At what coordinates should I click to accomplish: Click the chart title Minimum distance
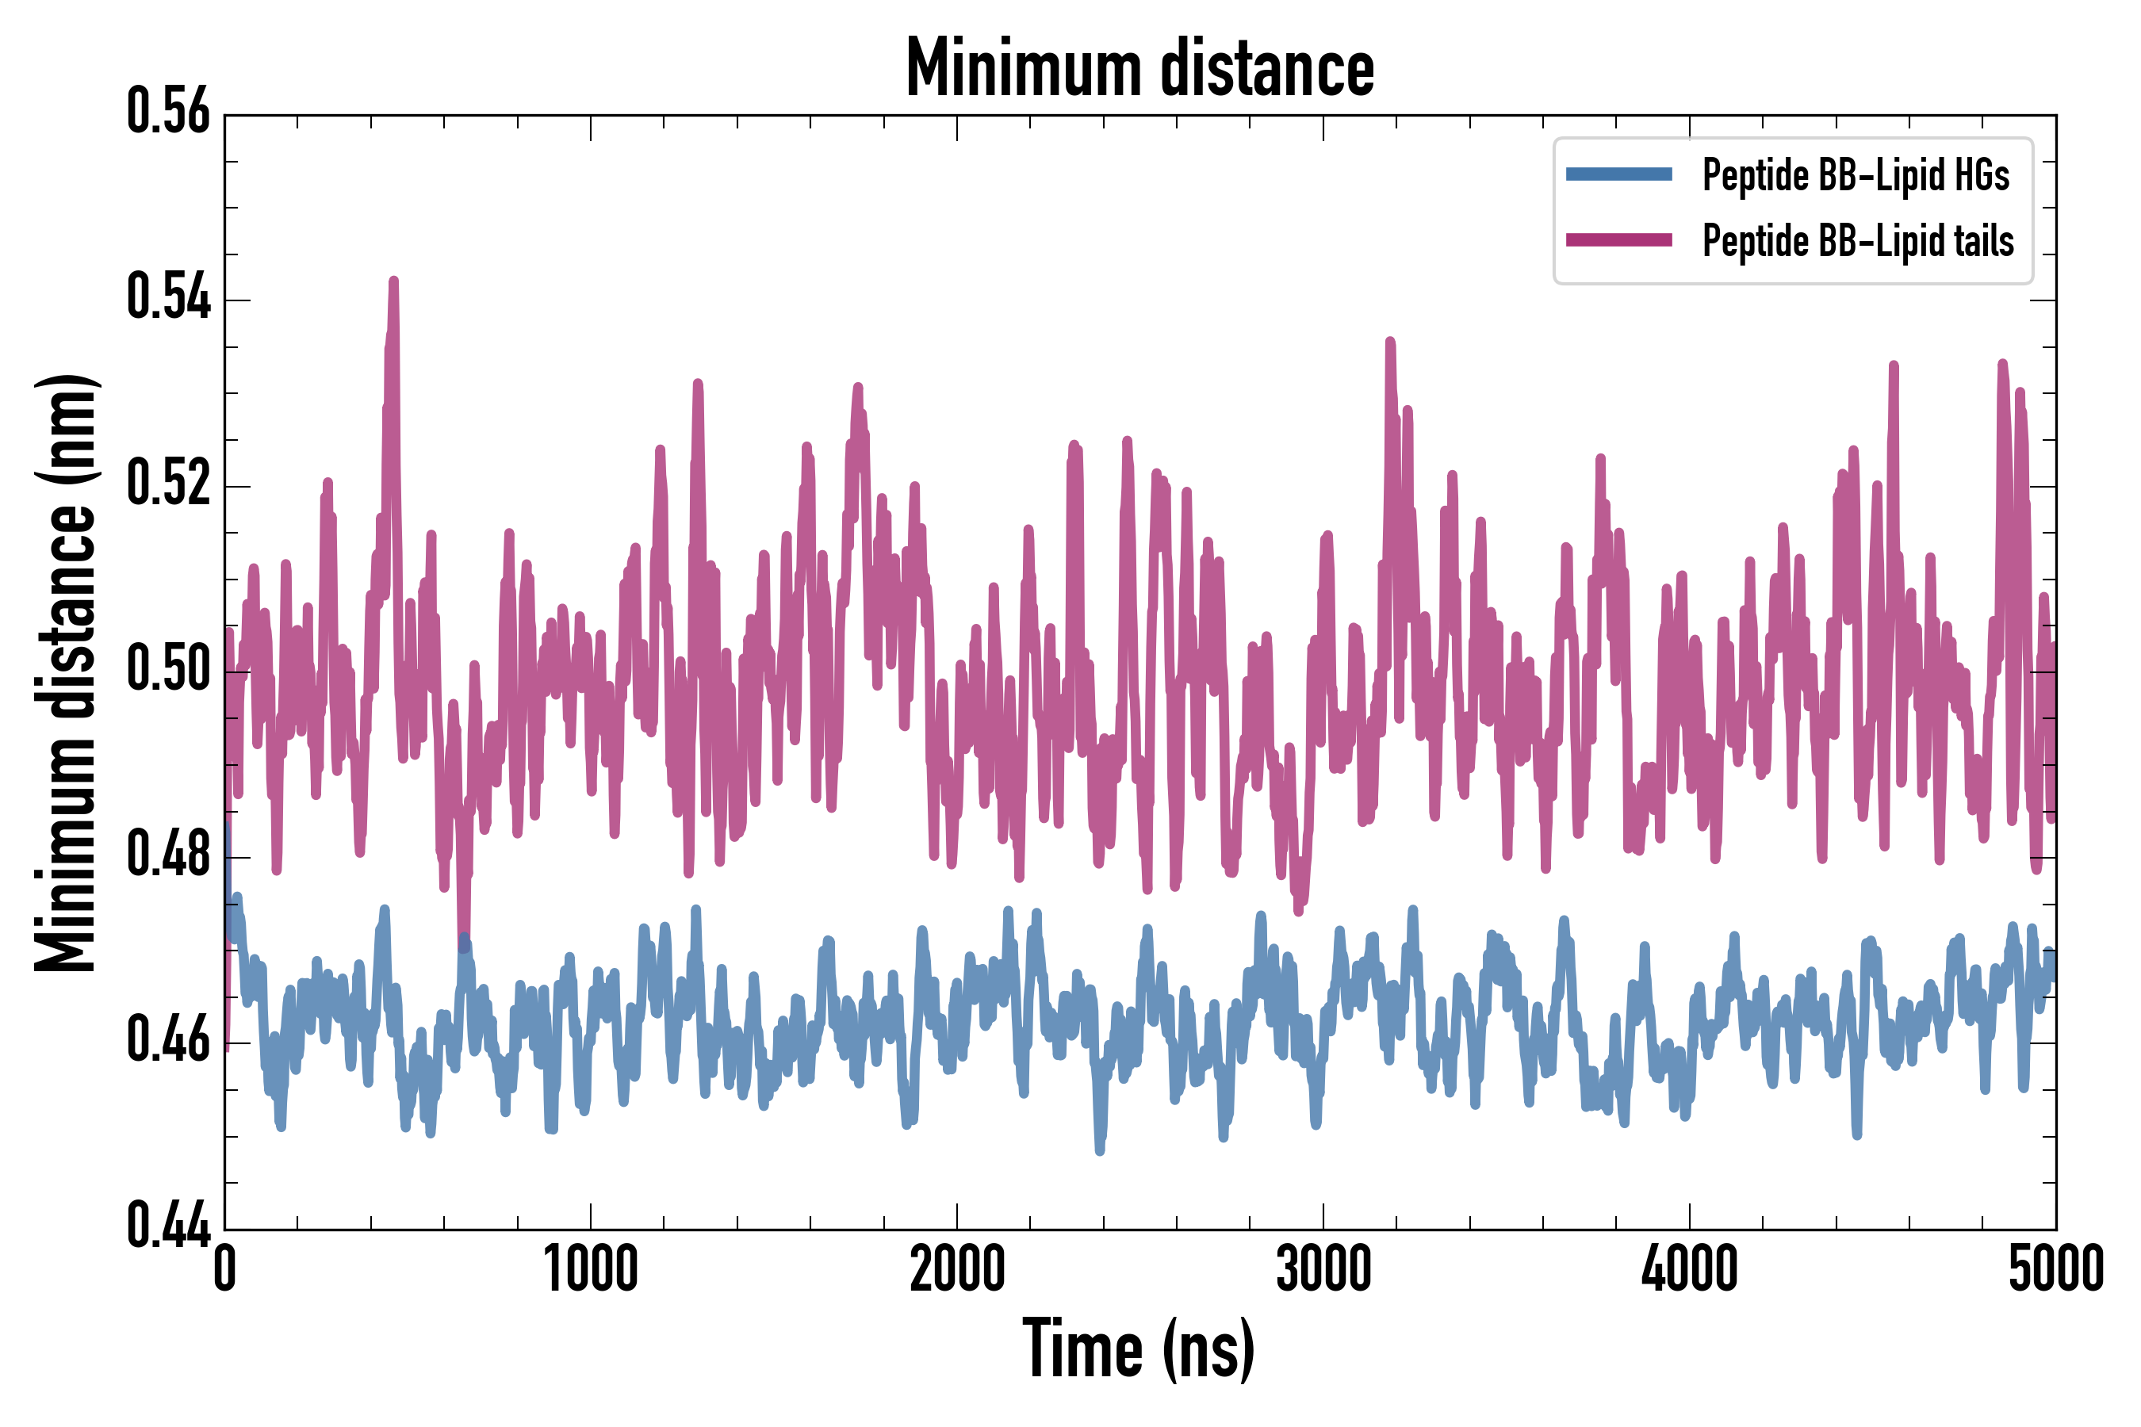[x=1139, y=67]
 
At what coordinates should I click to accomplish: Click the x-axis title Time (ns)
[x=1139, y=1349]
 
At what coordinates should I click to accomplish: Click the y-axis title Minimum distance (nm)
[x=66, y=672]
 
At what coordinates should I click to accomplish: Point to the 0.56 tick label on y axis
[x=168, y=112]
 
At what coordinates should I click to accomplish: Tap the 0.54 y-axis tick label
[x=168, y=297]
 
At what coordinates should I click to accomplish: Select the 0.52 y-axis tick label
[x=168, y=484]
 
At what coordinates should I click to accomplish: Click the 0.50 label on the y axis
[x=168, y=669]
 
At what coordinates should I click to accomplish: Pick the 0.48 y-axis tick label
[x=168, y=855]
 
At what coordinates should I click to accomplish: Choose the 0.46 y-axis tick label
[x=168, y=1040]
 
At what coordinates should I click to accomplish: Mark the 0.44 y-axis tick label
[x=168, y=1225]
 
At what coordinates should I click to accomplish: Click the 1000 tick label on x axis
[x=591, y=1268]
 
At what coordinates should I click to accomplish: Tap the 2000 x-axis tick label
[x=957, y=1268]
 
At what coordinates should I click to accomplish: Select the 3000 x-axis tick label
[x=1323, y=1268]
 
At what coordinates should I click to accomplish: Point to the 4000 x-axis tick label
[x=1690, y=1268]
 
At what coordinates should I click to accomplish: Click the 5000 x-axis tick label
[x=2055, y=1268]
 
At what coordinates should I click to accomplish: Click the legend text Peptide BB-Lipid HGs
[x=1856, y=174]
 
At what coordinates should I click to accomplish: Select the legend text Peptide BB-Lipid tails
[x=1858, y=241]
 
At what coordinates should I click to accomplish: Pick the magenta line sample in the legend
[x=1618, y=240]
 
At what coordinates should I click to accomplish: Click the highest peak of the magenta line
[x=394, y=281]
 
